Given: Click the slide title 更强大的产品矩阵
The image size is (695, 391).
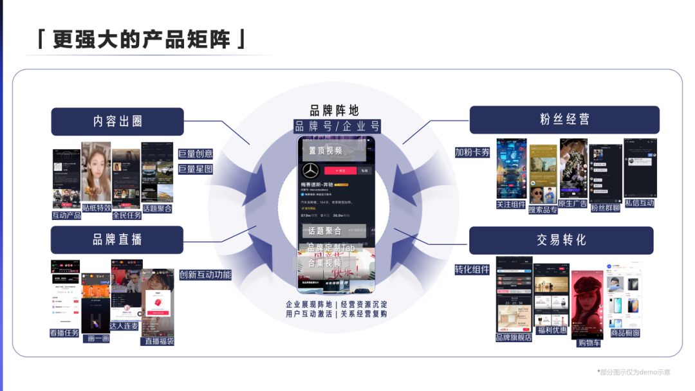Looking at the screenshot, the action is pos(142,39).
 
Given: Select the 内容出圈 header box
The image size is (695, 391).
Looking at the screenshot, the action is pos(118,121).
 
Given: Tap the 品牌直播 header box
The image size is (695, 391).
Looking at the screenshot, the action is pos(118,239).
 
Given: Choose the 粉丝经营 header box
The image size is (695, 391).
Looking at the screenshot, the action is pos(564,120).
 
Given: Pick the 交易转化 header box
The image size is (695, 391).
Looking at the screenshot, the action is pos(561,240).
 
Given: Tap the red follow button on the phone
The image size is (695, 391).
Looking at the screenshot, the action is pos(340,170).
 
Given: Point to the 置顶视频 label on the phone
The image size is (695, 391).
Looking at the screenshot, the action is pos(326,151).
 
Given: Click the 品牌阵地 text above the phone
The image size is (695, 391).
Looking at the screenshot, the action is pos(334,111).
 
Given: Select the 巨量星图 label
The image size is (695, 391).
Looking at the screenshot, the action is pos(195,169).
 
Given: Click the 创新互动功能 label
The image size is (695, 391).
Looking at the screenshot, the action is pos(205,275).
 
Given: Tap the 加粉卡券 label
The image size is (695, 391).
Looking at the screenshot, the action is pos(472,152).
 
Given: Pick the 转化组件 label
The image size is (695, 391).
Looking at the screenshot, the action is pos(472,269).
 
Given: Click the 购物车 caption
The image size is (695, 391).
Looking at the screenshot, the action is pos(589,343).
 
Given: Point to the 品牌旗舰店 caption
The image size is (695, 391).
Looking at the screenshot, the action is pos(514,337).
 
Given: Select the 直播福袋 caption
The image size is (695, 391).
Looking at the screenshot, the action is pos(158,341).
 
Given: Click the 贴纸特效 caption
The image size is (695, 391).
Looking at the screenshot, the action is pos(97,208).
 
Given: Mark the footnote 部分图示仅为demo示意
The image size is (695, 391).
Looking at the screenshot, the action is pos(634,372).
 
